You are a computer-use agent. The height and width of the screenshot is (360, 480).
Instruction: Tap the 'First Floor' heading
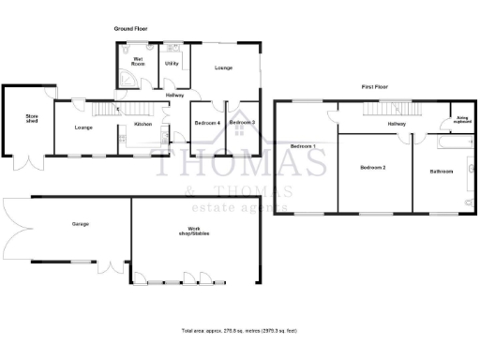(x=375, y=86)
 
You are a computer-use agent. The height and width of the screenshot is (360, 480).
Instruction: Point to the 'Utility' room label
(x=172, y=63)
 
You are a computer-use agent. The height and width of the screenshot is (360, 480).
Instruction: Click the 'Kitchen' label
(x=142, y=124)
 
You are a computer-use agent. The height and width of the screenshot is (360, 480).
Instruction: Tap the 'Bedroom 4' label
(x=206, y=123)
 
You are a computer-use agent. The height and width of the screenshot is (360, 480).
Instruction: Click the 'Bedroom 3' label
(x=242, y=123)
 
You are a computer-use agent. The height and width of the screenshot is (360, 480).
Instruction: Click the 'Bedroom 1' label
(x=302, y=146)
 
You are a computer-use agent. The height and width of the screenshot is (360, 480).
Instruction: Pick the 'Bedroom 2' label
(x=373, y=167)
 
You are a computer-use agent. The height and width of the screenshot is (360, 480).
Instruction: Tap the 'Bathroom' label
(x=441, y=172)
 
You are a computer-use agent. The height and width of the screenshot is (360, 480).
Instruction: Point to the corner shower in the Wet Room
(x=125, y=80)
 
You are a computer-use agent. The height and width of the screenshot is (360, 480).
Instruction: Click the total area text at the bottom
(x=239, y=331)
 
